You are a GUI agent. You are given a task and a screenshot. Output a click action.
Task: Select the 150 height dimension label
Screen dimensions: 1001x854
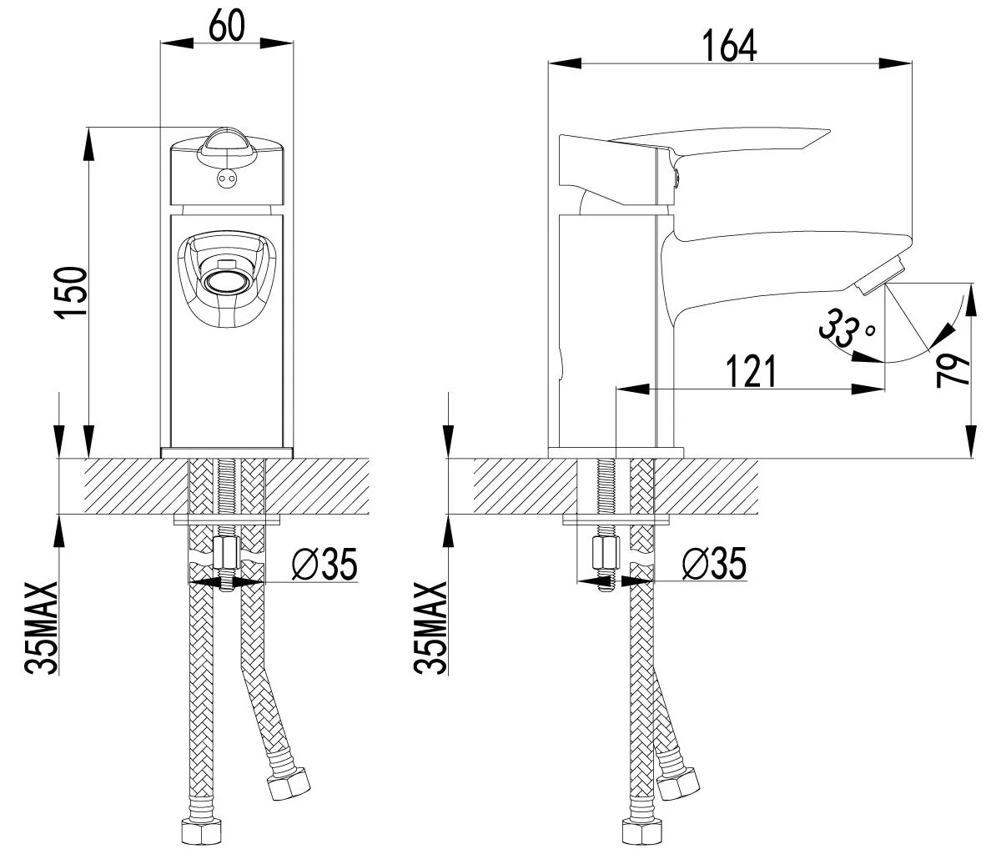[73, 293]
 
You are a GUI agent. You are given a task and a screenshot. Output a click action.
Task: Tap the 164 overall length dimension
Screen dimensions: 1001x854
[730, 46]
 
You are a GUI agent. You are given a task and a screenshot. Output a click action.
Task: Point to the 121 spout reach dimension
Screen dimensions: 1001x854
[751, 371]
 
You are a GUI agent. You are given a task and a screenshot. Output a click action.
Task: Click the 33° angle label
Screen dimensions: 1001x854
[847, 329]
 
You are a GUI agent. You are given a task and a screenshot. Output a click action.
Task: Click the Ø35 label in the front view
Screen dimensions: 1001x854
[325, 564]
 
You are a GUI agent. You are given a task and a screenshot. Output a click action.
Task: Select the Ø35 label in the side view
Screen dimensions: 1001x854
[714, 564]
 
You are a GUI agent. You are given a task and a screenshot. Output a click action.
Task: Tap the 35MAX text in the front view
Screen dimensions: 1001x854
[42, 627]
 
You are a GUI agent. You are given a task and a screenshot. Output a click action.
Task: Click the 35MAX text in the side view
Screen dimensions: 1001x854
[430, 627]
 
